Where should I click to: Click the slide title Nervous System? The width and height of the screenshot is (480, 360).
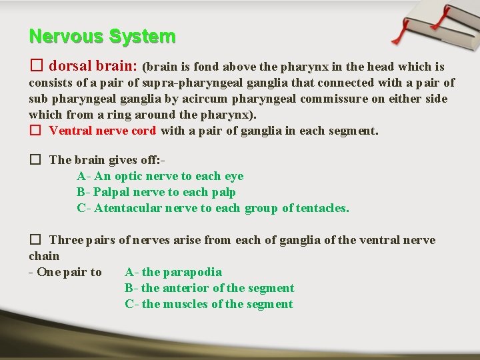click(102, 36)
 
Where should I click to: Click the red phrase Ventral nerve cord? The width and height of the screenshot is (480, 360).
click(103, 131)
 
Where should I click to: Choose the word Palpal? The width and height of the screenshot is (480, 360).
click(113, 192)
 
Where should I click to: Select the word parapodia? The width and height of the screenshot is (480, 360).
click(192, 272)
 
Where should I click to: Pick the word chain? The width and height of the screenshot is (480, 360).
click(44, 256)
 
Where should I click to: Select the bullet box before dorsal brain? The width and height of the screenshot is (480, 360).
click(36, 67)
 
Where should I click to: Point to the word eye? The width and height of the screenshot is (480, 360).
click(234, 176)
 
